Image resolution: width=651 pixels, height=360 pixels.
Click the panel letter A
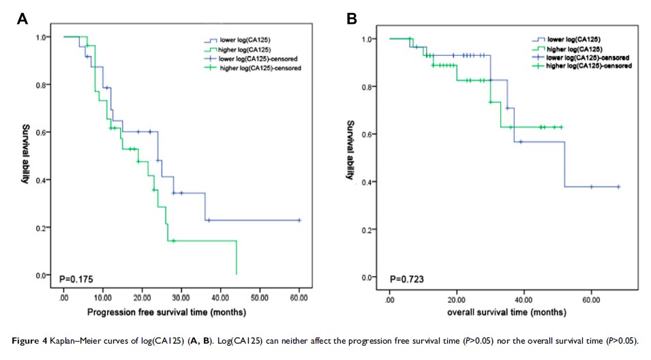tap(22, 20)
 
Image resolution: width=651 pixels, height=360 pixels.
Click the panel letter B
tap(352, 19)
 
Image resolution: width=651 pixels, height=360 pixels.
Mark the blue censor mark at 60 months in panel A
tap(299, 220)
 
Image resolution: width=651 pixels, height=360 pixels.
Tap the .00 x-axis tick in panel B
tap(389, 299)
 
